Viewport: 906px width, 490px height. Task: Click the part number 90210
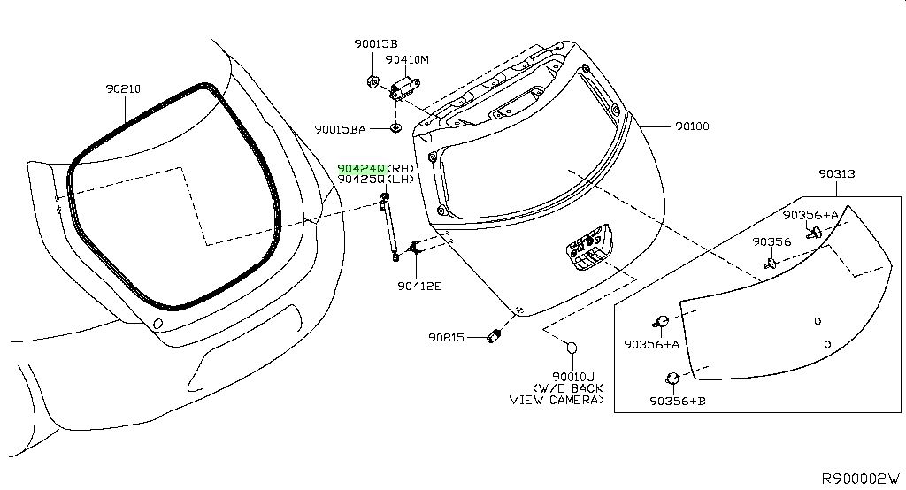tap(123, 89)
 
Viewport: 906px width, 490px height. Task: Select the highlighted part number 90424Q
tap(361, 168)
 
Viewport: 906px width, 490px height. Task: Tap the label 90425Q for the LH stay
tap(361, 180)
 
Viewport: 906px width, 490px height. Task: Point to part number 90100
tap(692, 126)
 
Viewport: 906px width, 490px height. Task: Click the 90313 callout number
tap(837, 173)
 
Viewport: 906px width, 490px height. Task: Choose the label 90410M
tap(407, 59)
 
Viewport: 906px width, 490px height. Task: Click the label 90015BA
tap(341, 129)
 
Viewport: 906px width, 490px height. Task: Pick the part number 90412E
tap(419, 286)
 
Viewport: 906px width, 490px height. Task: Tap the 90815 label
tap(446, 337)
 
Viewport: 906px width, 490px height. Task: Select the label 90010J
tap(573, 377)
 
